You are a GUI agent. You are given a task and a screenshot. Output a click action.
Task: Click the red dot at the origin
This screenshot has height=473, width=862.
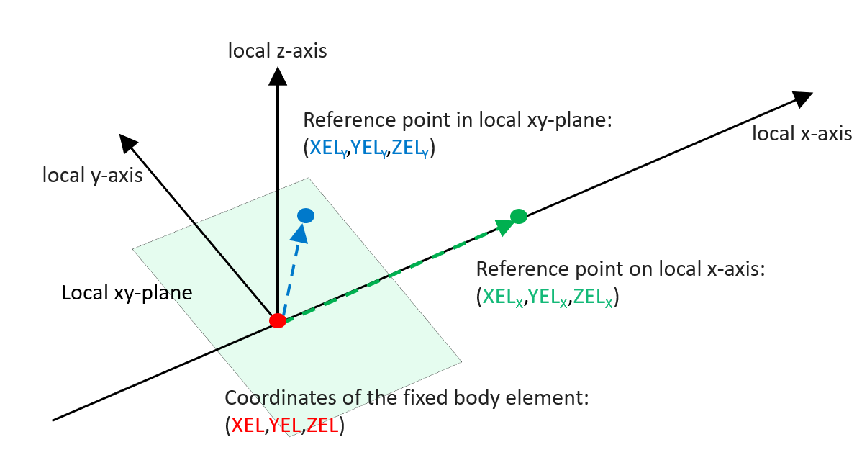(x=278, y=321)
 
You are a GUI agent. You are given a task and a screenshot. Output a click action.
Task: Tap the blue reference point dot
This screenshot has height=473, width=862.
(x=306, y=215)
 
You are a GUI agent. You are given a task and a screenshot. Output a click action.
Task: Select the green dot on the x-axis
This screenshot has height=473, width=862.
(x=519, y=215)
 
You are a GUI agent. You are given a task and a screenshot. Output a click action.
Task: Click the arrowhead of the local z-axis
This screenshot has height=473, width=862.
(x=277, y=75)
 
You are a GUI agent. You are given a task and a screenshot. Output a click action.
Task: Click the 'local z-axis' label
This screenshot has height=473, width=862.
(x=277, y=50)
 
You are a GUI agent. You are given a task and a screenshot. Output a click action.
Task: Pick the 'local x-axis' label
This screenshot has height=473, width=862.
(x=802, y=134)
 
